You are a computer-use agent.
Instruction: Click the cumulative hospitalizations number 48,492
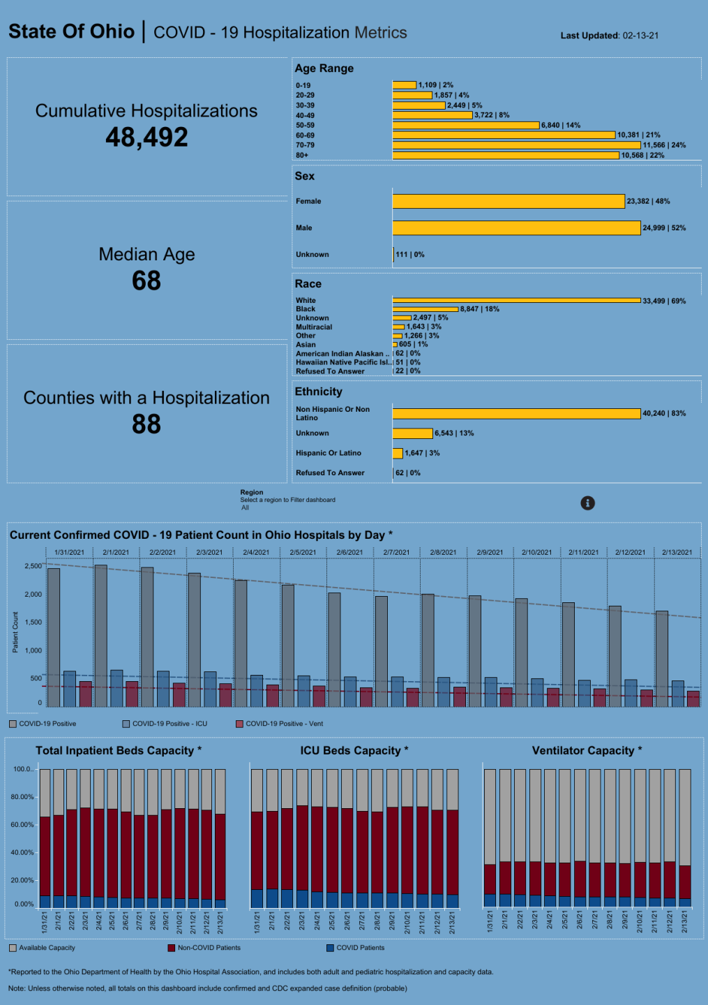click(146, 137)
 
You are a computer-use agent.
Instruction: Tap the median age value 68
click(146, 281)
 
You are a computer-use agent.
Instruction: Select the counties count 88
click(146, 424)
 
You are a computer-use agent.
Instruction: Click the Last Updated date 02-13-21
click(640, 36)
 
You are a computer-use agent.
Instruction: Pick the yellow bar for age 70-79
click(516, 145)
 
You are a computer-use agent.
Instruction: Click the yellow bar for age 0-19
click(405, 85)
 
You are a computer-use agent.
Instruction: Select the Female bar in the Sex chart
click(509, 201)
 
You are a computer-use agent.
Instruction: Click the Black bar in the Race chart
click(425, 309)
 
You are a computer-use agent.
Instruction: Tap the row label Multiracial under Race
click(314, 327)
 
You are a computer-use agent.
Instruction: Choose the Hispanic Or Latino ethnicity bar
click(398, 453)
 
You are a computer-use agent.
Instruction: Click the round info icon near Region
click(588, 503)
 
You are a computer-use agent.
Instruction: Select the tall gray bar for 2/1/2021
click(100, 635)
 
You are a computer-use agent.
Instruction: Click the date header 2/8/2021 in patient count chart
click(443, 552)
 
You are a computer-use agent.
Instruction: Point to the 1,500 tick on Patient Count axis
click(32, 622)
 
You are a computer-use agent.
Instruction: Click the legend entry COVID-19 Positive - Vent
click(284, 724)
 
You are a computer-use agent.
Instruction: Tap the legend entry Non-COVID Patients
click(209, 948)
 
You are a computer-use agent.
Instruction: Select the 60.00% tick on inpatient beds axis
click(23, 825)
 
